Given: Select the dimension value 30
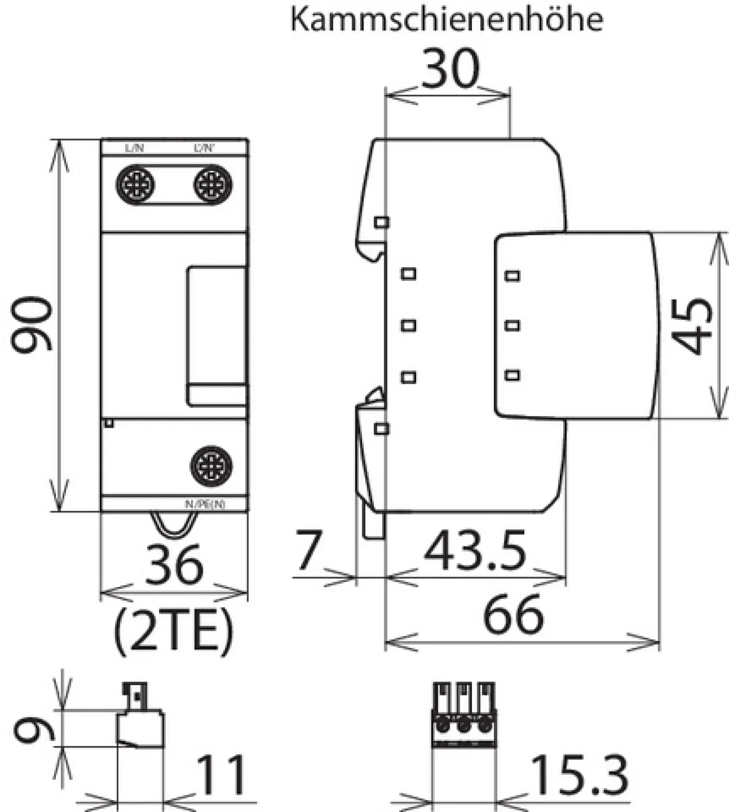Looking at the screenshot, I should click(450, 69).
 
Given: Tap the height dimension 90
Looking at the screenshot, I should click(32, 325).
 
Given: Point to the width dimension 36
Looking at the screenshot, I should click(174, 565).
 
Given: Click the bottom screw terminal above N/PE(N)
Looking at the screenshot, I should click(211, 466).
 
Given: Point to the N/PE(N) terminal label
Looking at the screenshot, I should click(205, 504).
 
